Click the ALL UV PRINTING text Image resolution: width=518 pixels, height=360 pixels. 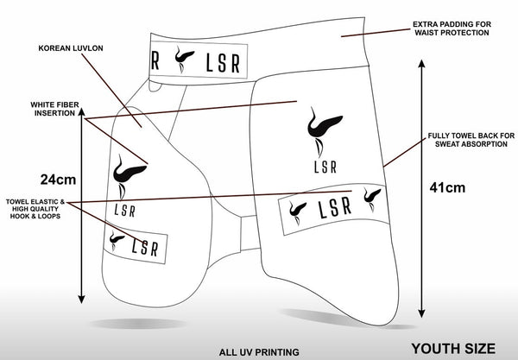click(x=259, y=351)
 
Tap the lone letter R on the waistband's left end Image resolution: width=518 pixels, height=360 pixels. click(x=155, y=61)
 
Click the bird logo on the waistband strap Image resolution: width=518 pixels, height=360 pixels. click(x=184, y=61)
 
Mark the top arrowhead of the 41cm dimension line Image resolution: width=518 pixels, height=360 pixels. click(x=422, y=63)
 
